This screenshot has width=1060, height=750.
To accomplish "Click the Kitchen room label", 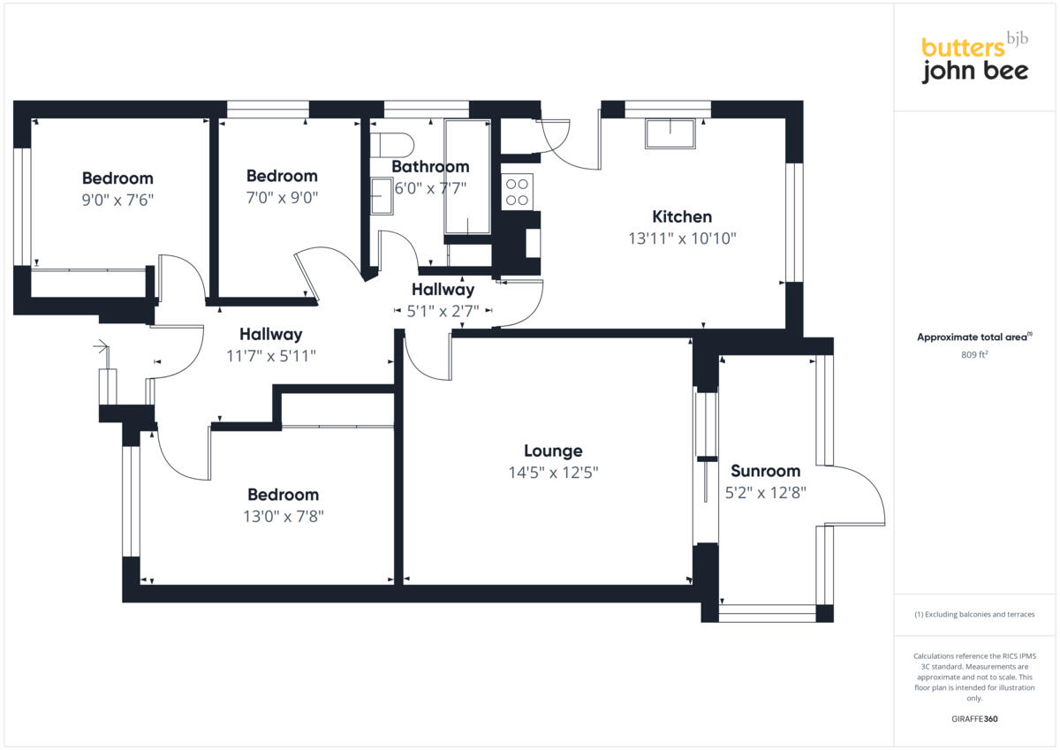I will [x=681, y=216].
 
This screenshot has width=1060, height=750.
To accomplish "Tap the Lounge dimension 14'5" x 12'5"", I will [x=553, y=473].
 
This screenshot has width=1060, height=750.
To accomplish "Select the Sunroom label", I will [x=765, y=471].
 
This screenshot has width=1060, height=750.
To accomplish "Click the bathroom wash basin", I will [x=382, y=195].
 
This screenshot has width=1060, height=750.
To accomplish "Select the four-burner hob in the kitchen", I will [x=517, y=192].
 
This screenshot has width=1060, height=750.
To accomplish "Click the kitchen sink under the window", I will [x=670, y=134].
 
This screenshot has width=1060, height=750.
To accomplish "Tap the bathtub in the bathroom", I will [x=467, y=177].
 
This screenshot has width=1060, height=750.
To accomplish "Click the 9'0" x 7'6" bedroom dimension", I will [x=117, y=201].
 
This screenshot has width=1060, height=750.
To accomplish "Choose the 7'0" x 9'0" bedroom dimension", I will [x=282, y=198].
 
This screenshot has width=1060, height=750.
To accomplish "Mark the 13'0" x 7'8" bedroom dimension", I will [x=283, y=517].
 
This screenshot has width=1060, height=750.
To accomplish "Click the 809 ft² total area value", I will [x=975, y=355].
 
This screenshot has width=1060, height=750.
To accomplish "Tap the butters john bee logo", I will [x=974, y=59].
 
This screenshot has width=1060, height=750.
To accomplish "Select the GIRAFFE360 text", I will [x=975, y=719].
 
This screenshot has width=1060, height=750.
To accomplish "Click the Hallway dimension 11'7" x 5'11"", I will [x=271, y=356].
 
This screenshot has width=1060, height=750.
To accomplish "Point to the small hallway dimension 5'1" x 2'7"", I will [x=443, y=311].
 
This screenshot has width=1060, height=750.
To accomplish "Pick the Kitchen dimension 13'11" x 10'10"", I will [x=681, y=239].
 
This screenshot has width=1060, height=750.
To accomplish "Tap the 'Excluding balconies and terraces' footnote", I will [x=974, y=614].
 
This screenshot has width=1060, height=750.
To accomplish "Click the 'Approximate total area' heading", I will [x=974, y=337].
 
